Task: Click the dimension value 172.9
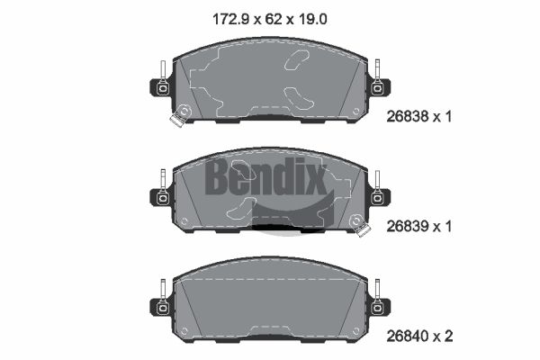tap(230, 19)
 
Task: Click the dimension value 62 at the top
tap(274, 19)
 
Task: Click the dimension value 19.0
tap(312, 19)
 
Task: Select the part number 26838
tap(408, 117)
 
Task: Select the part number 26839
tap(408, 226)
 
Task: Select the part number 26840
tap(408, 336)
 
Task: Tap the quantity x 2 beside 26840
tap(444, 336)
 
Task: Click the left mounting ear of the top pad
tap(161, 87)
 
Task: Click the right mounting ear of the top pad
tap(379, 87)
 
